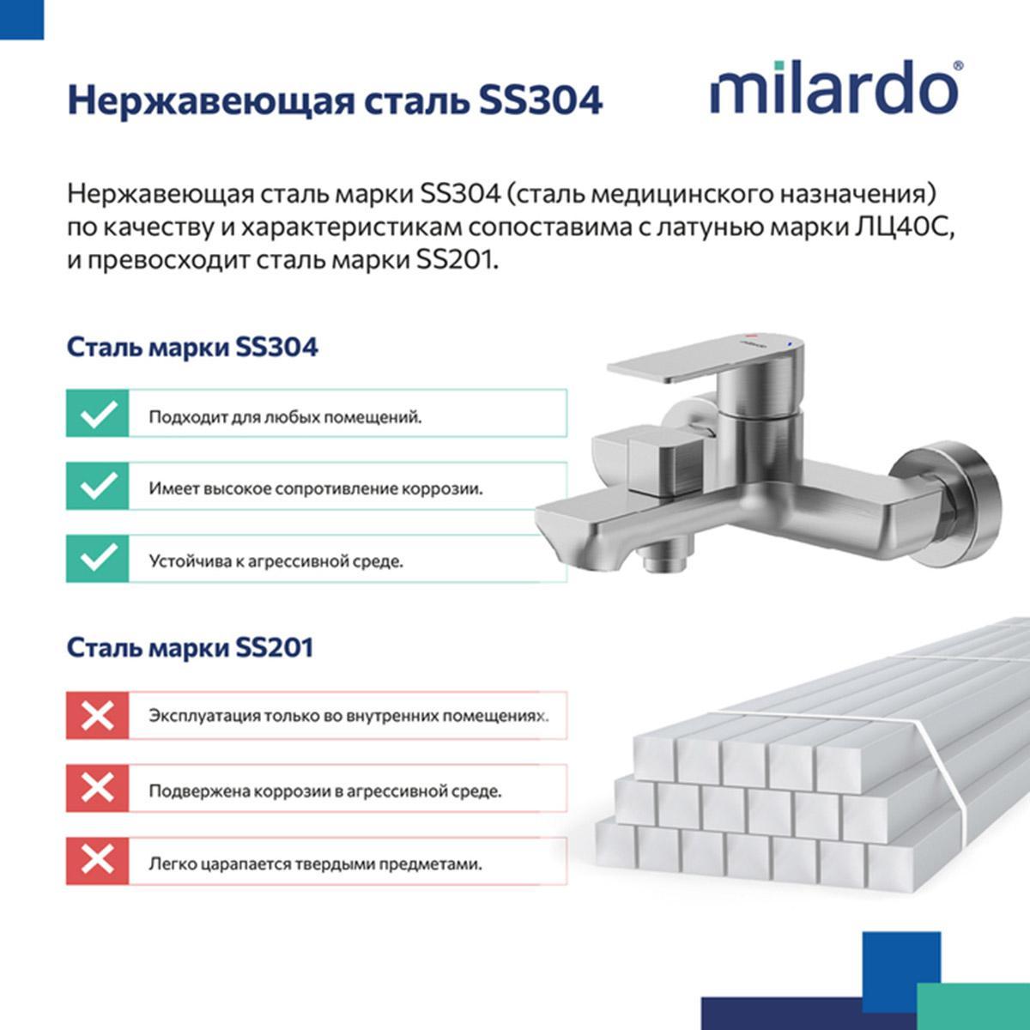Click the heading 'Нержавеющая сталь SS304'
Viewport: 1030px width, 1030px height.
click(335, 100)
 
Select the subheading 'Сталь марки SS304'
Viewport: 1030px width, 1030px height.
click(192, 348)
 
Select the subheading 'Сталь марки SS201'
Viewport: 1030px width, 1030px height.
click(191, 648)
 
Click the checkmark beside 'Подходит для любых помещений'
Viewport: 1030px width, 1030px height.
click(97, 413)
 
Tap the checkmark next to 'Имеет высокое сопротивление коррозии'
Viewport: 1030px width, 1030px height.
click(97, 486)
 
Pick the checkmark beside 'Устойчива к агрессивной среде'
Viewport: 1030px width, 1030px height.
click(97, 559)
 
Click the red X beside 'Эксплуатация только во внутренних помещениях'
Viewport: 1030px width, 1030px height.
click(97, 716)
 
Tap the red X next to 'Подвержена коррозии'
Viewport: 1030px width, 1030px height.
click(97, 789)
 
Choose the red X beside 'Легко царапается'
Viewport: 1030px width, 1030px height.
click(97, 861)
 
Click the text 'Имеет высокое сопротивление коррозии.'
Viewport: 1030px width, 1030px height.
click(316, 489)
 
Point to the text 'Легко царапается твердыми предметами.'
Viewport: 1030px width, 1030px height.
click(315, 864)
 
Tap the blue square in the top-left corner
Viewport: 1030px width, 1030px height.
click(21, 19)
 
